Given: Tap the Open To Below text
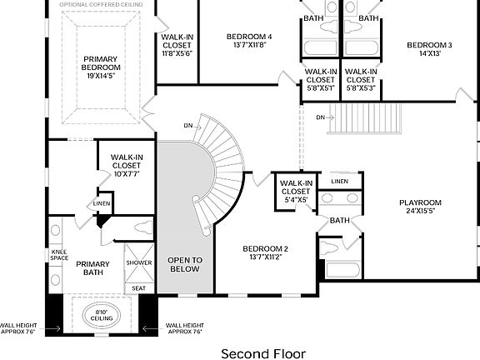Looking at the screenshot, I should [185, 265].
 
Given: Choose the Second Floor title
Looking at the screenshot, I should [262, 353].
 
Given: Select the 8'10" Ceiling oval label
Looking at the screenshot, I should [102, 315].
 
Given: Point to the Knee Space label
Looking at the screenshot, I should [59, 255].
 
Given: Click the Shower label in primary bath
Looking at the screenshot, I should [139, 262].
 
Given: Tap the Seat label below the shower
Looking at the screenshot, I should [138, 288].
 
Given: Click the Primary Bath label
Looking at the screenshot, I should [92, 267].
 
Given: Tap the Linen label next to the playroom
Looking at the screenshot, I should [339, 182].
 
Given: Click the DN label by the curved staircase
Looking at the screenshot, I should [188, 126].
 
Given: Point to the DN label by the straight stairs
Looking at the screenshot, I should [321, 117].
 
